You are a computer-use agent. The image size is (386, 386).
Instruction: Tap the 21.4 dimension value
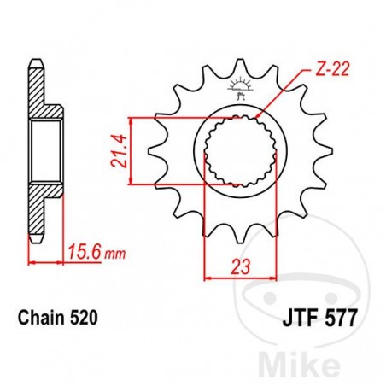pyautogui.click(x=115, y=149)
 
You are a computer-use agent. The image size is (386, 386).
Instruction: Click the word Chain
pyautogui.click(x=41, y=318)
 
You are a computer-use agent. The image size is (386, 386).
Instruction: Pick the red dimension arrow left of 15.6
pyautogui.click(x=34, y=261)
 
